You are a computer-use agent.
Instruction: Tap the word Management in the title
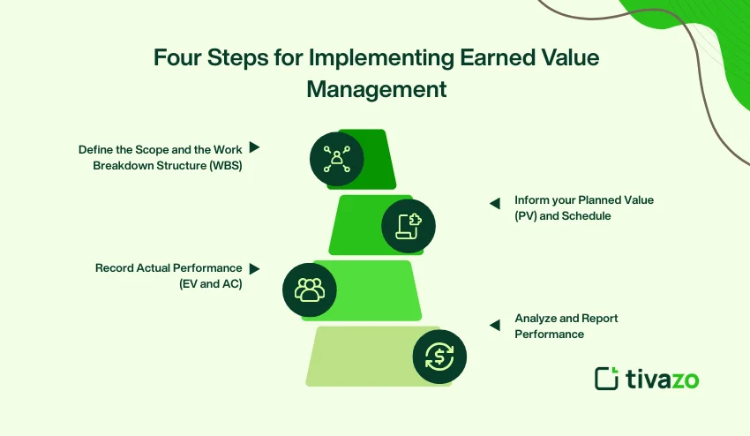(x=376, y=90)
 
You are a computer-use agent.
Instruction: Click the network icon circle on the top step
(x=336, y=159)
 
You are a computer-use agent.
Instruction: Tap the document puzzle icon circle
(x=409, y=225)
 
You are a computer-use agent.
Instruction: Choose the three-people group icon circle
(x=309, y=289)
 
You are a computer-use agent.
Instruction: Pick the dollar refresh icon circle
(x=439, y=356)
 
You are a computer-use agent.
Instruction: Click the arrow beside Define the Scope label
(x=254, y=147)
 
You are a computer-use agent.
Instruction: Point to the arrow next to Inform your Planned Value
(x=495, y=203)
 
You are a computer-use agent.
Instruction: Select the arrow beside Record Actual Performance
(x=254, y=268)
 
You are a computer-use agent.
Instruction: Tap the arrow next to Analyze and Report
(x=495, y=325)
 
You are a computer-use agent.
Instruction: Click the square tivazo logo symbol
(x=606, y=378)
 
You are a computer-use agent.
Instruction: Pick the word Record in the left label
(x=114, y=267)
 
